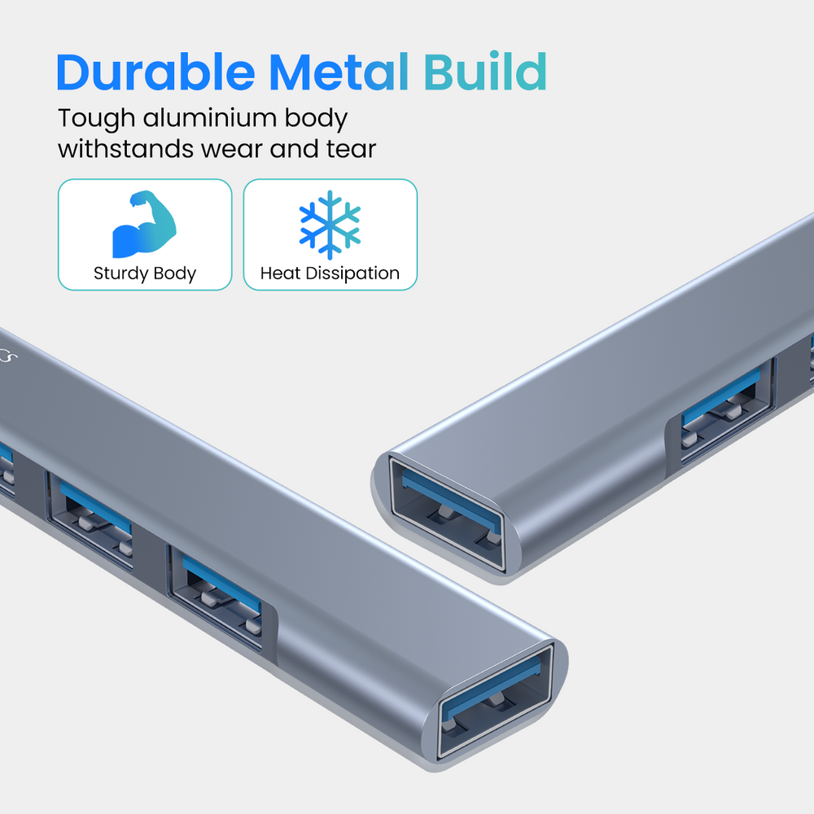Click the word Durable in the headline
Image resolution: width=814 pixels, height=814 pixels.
155,72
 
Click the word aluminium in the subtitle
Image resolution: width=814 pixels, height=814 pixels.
210,118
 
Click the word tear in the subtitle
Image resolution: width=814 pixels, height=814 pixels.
350,150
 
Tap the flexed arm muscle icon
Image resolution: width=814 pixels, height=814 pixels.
144,224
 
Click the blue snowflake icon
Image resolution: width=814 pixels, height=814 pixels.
330,225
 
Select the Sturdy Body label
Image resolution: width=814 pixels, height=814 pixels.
145,274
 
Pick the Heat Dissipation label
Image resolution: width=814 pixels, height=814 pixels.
330,274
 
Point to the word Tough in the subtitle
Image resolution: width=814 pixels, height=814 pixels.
97,119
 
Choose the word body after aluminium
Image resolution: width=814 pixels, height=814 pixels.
316,119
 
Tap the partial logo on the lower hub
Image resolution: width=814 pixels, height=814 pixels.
8,355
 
